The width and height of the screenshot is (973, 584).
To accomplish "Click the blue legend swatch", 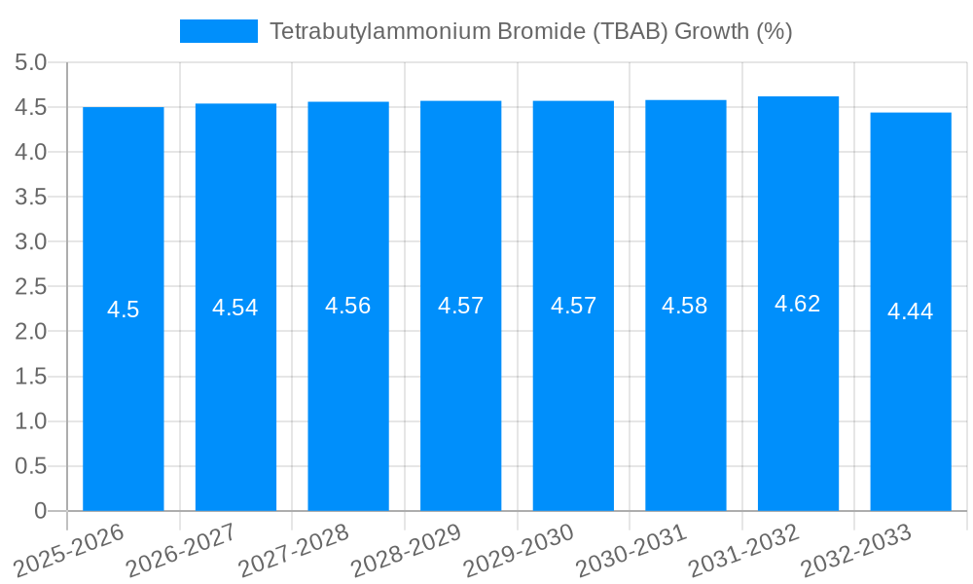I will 219,31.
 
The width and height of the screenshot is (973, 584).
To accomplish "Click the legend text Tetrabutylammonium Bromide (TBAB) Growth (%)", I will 530,31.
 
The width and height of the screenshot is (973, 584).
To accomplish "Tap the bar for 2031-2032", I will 798,389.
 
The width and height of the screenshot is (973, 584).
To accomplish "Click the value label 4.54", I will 235,308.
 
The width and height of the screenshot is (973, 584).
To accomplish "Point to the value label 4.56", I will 348,306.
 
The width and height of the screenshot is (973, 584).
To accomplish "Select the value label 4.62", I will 798,304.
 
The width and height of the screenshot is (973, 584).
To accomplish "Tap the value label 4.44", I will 911,311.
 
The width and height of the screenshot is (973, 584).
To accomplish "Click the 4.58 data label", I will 685,306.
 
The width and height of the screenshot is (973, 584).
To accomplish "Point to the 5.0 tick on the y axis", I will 31,63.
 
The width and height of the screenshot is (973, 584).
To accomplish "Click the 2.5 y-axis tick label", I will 31,287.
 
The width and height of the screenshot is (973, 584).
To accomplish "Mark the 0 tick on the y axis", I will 40,511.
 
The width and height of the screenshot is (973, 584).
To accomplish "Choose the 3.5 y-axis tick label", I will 31,198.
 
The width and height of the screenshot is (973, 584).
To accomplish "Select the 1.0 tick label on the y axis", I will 31,421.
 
